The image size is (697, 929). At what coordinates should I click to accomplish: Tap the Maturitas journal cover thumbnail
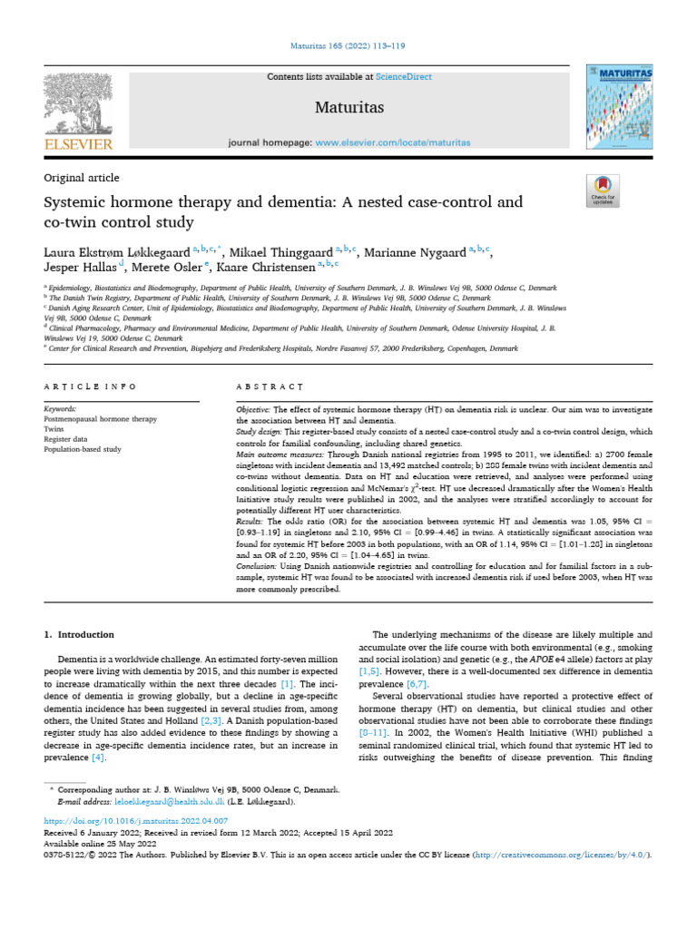(x=619, y=107)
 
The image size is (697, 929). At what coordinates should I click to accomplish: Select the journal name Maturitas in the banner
(x=349, y=109)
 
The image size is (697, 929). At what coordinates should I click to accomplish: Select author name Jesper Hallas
(x=82, y=268)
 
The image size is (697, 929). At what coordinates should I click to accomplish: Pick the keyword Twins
(x=55, y=429)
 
